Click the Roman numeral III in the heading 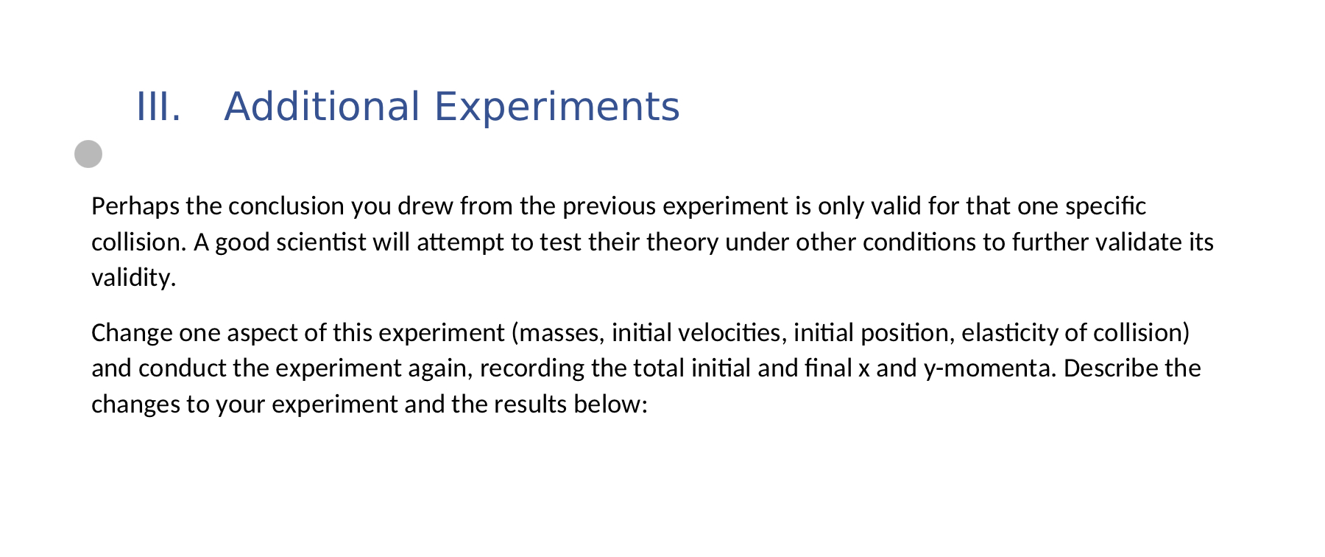click(158, 107)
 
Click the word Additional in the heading click(322, 107)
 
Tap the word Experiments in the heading click(556, 107)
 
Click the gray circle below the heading click(88, 154)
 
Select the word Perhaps click(135, 206)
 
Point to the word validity click(133, 278)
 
